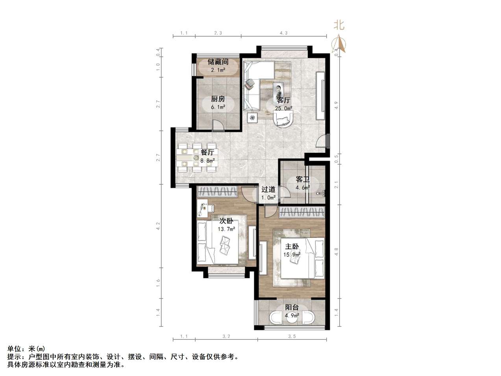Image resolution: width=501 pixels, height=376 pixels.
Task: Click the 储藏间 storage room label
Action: [x=218, y=62]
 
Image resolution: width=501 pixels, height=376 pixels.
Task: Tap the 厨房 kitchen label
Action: [x=218, y=99]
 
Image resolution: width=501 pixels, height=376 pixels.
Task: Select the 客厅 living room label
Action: [x=283, y=100]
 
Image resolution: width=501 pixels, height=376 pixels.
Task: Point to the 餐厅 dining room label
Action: [x=207, y=152]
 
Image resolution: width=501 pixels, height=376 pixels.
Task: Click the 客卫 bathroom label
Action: [x=303, y=180]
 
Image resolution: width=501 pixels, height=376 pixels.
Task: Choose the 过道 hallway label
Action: [x=268, y=189]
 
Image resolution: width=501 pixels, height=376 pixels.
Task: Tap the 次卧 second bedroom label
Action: [x=226, y=220]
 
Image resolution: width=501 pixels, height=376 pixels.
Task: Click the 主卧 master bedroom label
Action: [x=292, y=246]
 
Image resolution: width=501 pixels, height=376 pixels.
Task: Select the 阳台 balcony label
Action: [x=292, y=307]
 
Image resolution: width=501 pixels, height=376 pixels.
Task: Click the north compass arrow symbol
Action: [x=338, y=43]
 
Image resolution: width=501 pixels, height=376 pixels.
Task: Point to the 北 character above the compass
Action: [x=339, y=25]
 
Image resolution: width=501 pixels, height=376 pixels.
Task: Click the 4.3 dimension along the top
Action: [x=284, y=33]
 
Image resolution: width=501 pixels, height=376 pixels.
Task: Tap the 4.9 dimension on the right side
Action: [x=336, y=105]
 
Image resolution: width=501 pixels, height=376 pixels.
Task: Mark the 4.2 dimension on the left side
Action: [x=159, y=226]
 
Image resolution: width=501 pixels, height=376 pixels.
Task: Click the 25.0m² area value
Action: [x=283, y=109]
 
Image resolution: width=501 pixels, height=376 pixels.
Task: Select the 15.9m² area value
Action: [x=292, y=255]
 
